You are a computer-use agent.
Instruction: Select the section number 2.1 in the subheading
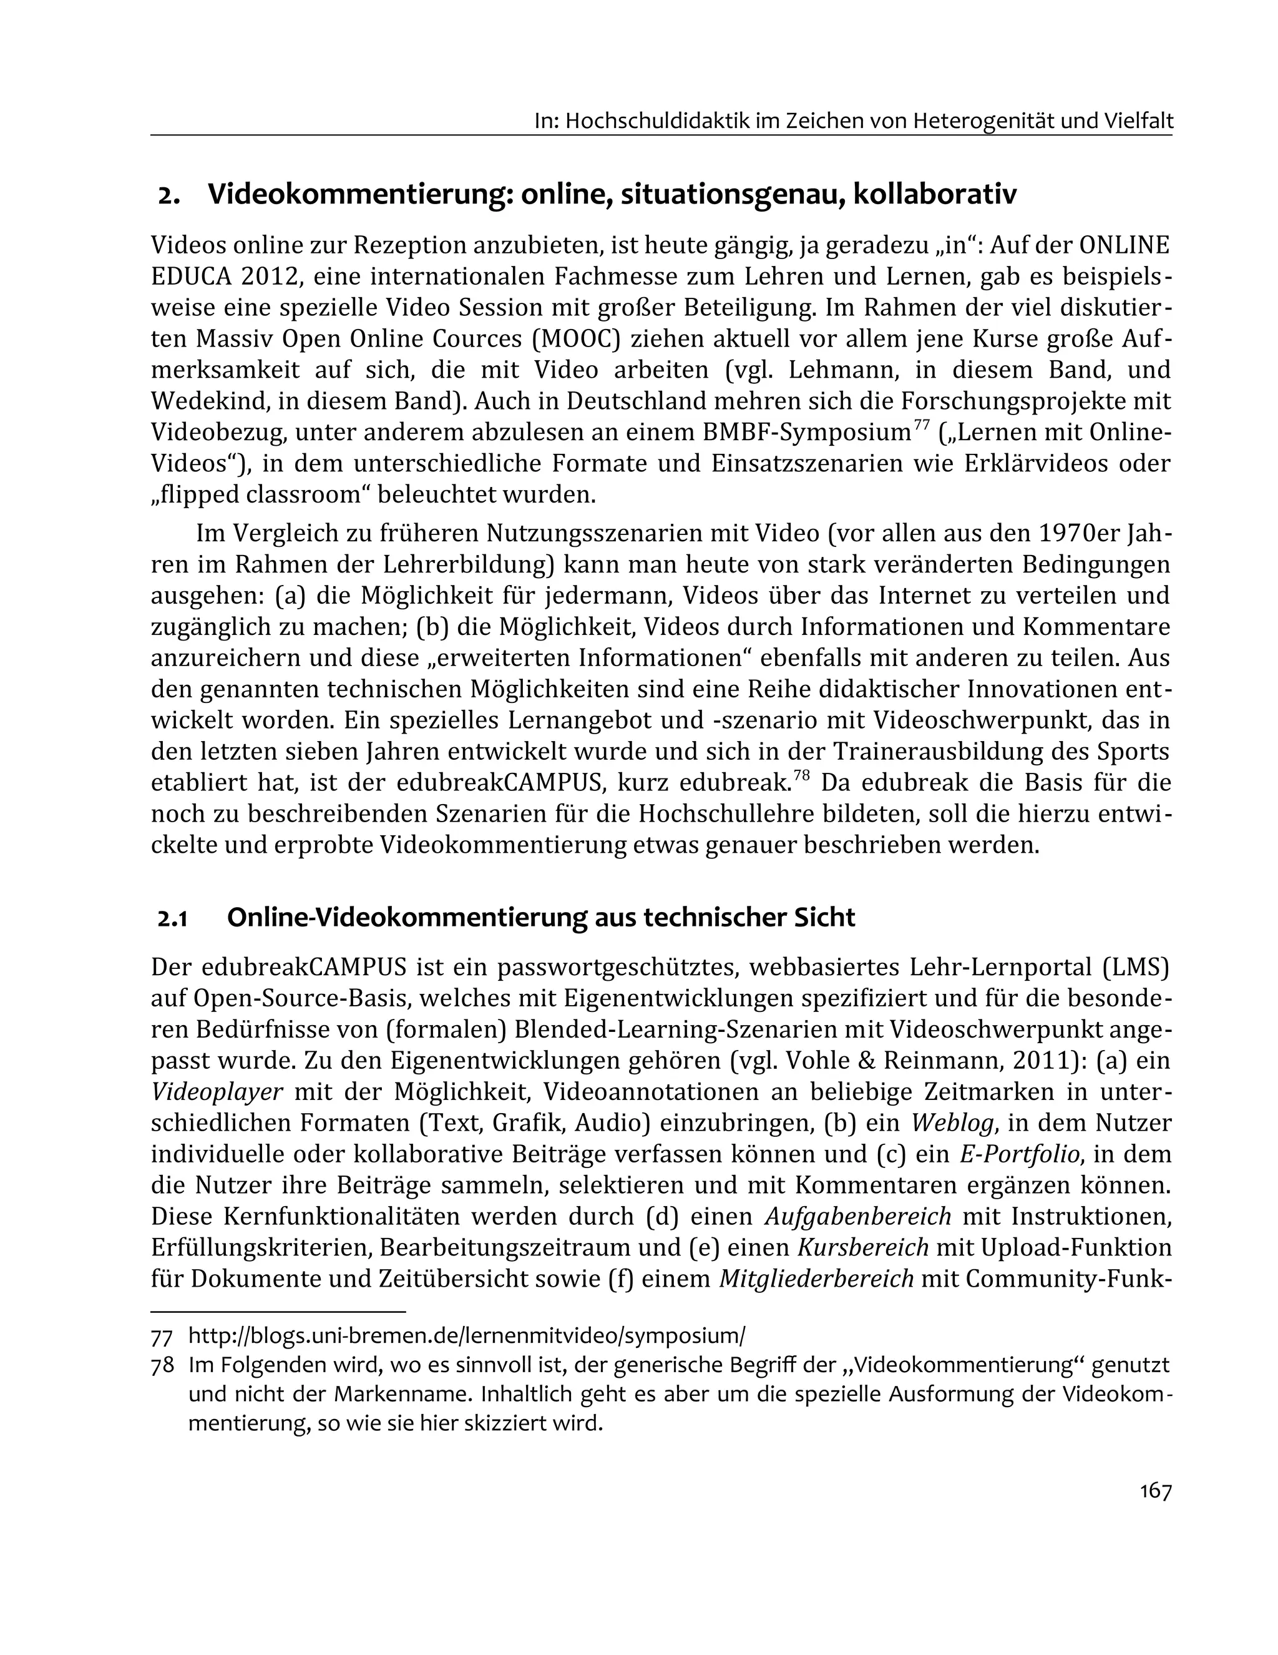(172, 918)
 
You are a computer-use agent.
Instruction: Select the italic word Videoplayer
(217, 1092)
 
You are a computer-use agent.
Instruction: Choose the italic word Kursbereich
(863, 1247)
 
